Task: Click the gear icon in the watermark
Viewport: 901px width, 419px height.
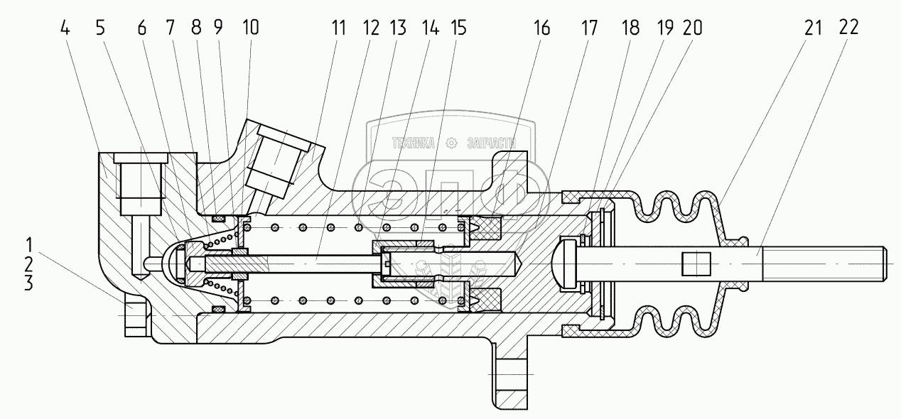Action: pos(450,144)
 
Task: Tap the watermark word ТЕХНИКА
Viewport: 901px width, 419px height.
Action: pos(413,144)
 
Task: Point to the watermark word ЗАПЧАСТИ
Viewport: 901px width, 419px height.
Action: pos(490,144)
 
